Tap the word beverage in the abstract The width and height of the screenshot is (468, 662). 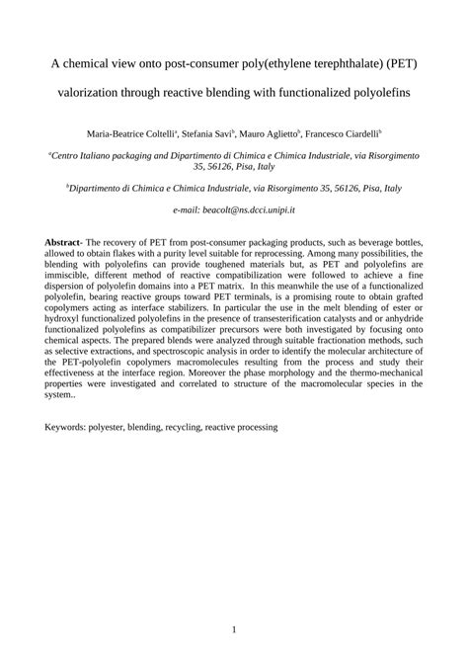coord(364,242)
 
